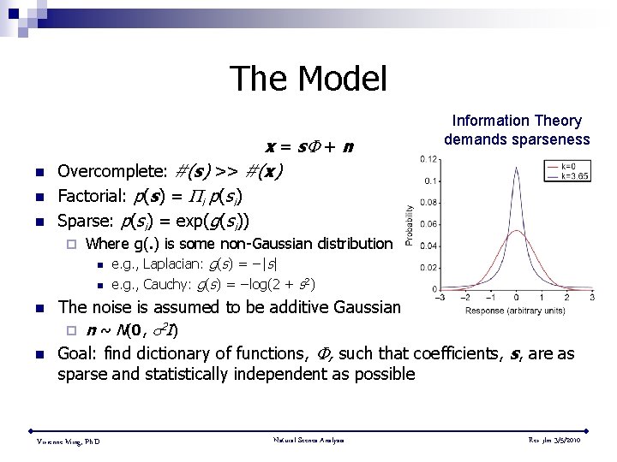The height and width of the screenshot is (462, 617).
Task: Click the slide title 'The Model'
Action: tap(308, 79)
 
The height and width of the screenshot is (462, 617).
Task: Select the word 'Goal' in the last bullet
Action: tap(75, 353)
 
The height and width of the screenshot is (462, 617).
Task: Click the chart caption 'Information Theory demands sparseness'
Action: tap(517, 130)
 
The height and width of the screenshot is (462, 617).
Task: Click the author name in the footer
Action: tap(68, 441)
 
